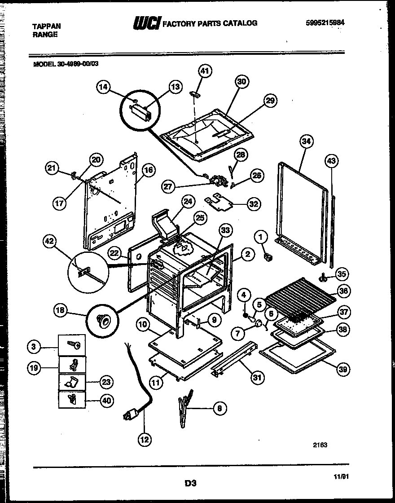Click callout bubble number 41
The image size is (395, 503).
point(205,71)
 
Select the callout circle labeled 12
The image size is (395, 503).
point(144,439)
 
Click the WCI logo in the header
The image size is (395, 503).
point(147,23)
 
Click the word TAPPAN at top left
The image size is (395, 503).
point(47,26)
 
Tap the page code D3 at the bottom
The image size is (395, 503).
point(191,483)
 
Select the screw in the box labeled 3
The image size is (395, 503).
point(72,345)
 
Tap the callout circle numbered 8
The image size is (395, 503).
point(219,408)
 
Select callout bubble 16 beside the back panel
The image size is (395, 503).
point(148,170)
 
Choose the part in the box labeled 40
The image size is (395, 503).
point(72,398)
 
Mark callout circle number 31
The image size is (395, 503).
point(256,377)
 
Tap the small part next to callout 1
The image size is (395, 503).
point(269,256)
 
